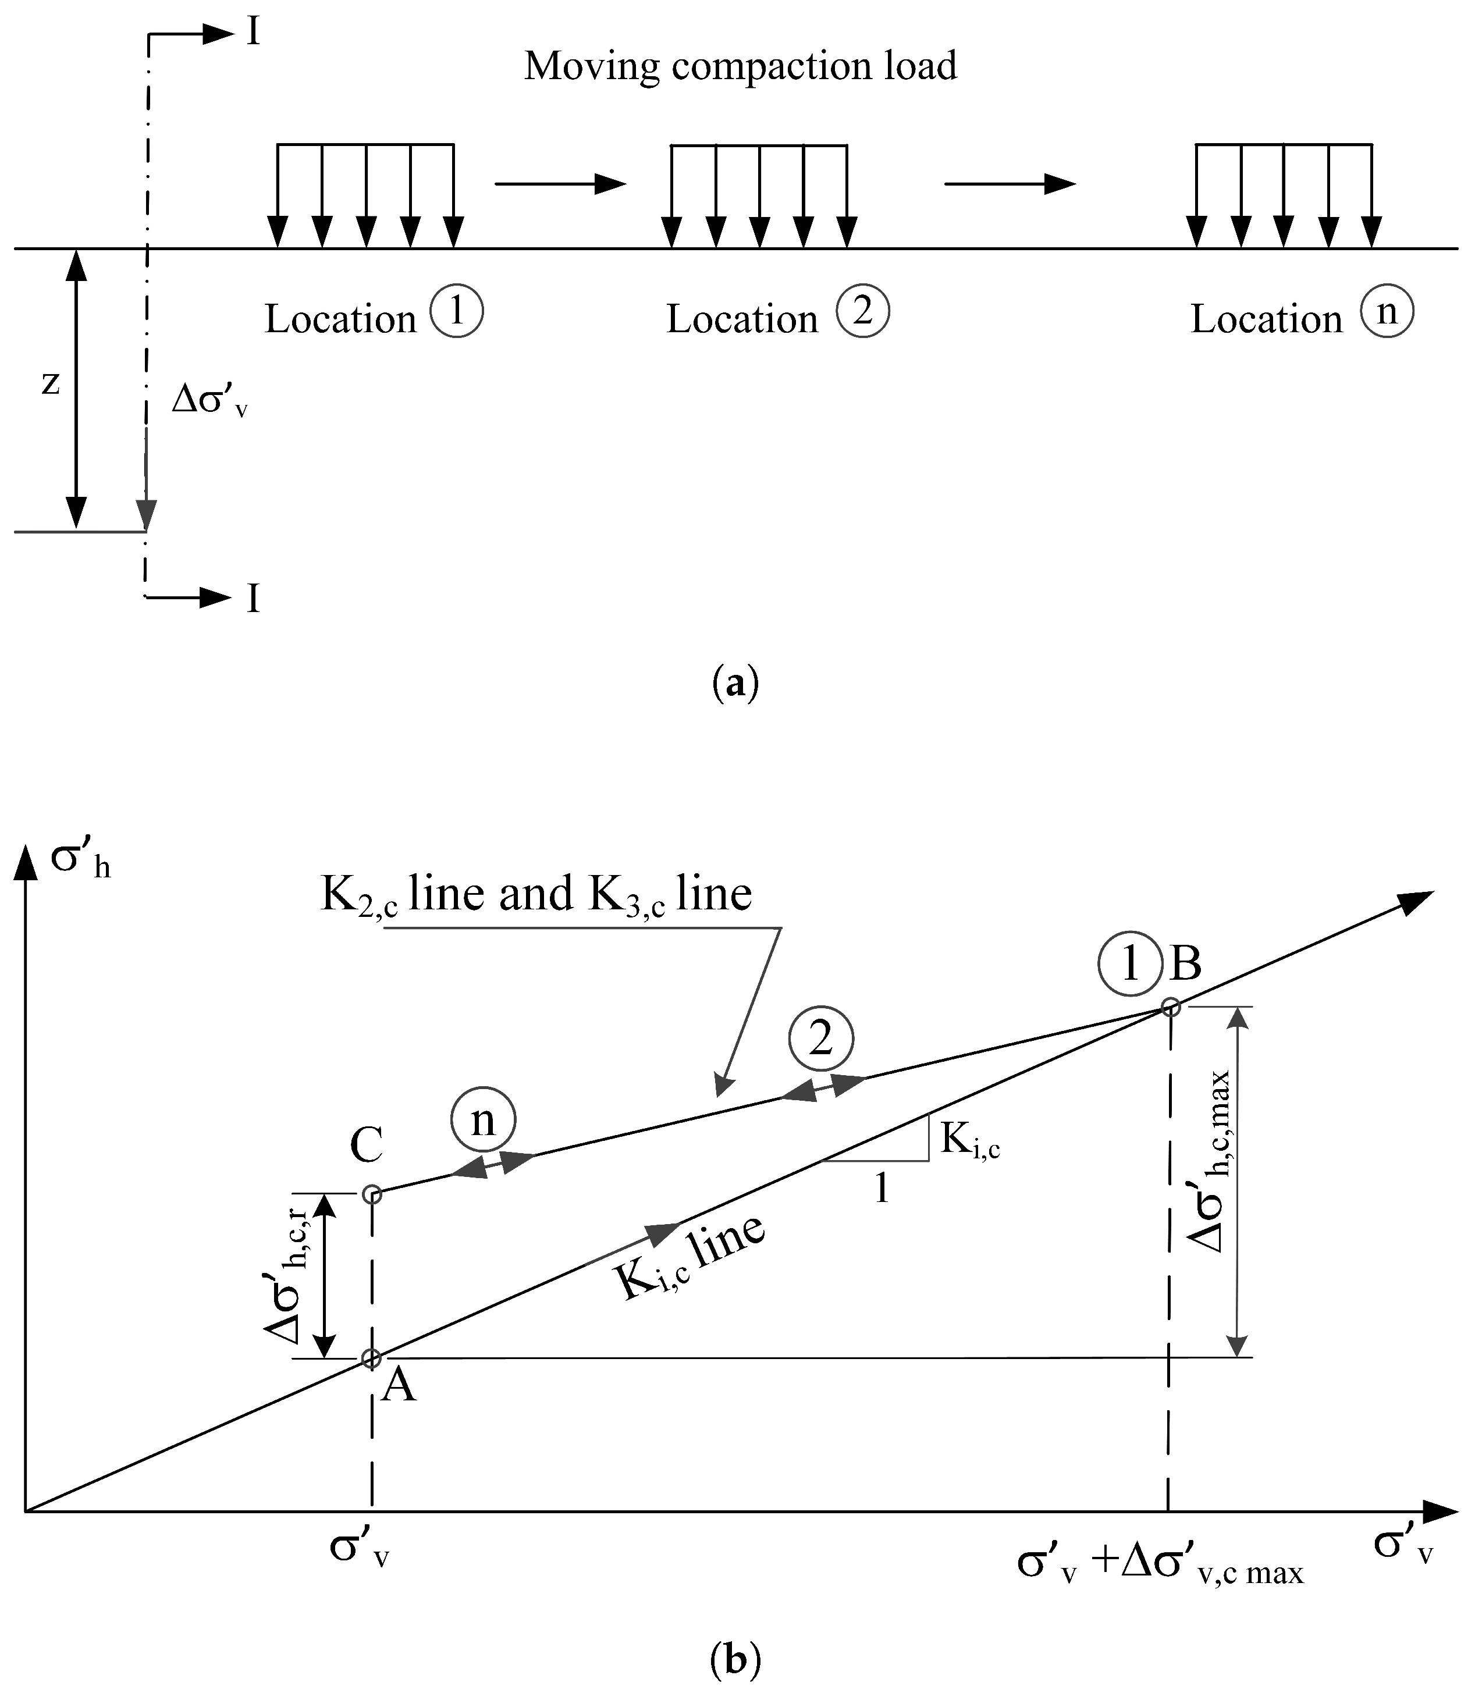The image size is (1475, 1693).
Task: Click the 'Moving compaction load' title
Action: [740, 66]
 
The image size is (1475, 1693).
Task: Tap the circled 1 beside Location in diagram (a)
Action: [457, 311]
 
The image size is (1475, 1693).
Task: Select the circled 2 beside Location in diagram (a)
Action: [863, 311]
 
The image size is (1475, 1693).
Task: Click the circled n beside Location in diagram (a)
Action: [1387, 311]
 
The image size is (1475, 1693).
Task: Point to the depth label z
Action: [51, 383]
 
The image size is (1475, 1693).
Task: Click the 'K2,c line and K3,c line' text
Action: [536, 895]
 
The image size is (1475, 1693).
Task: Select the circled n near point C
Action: [483, 1119]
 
